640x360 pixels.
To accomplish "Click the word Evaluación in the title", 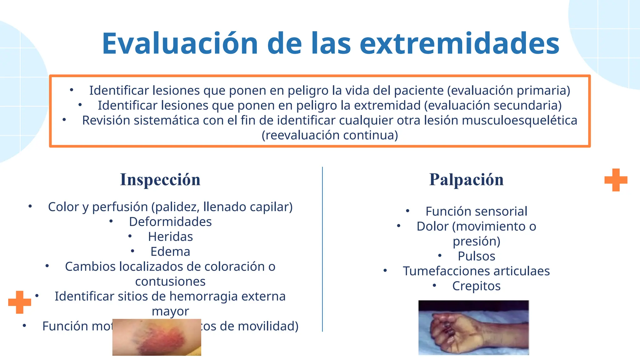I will [180, 44].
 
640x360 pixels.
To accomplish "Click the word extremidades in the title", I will [459, 44].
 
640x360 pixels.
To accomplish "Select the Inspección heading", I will [160, 180].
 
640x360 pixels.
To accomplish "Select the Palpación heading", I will [466, 180].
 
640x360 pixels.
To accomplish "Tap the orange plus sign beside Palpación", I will [616, 180].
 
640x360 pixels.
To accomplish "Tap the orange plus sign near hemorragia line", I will [20, 302].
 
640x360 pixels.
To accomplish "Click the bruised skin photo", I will [157, 337].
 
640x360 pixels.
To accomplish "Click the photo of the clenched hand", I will [473, 327].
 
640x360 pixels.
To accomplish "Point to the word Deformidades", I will [170, 222].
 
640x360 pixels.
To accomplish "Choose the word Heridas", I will [170, 237].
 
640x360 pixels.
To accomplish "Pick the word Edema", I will [170, 252].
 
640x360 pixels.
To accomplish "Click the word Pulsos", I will [476, 256].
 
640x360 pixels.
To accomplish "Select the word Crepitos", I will [476, 286].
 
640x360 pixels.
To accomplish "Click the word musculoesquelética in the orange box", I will [519, 121].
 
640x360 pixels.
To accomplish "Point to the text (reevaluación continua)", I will [330, 136].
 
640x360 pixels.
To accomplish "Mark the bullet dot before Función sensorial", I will [407, 211].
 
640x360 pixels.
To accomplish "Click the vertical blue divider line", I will [322, 250].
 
